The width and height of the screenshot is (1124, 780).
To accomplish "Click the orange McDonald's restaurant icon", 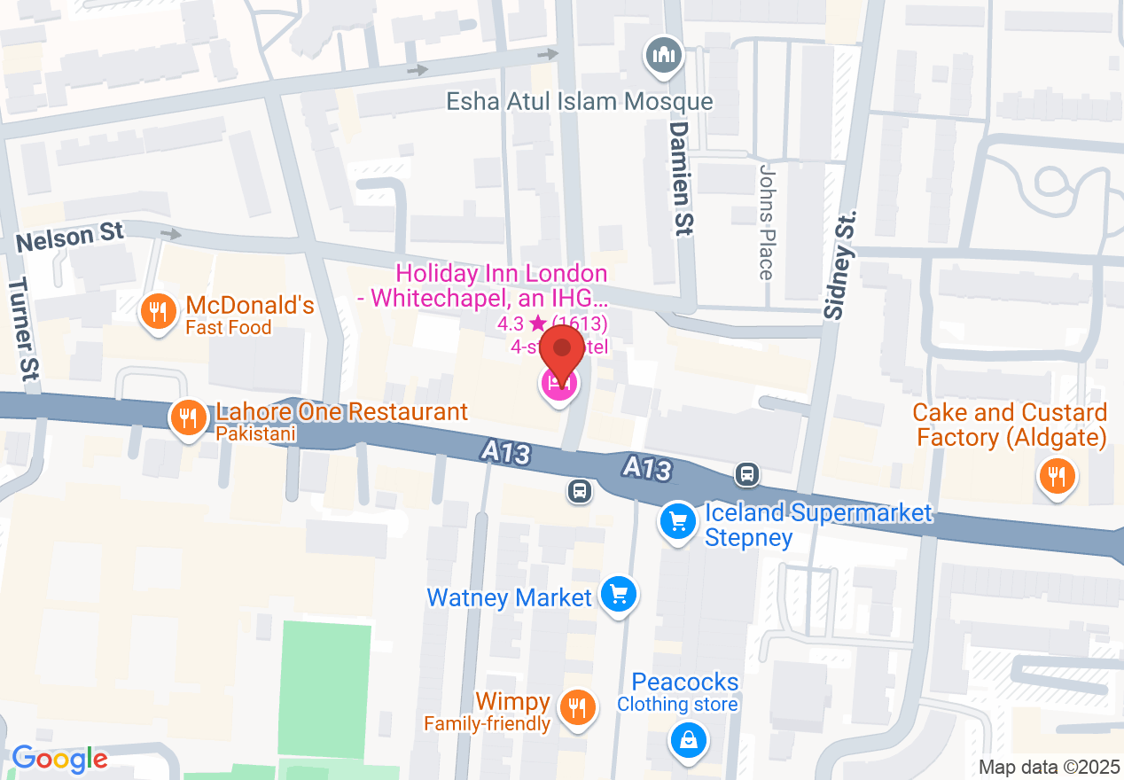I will click(x=158, y=312).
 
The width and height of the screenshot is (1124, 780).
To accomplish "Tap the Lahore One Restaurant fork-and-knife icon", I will click(x=186, y=417).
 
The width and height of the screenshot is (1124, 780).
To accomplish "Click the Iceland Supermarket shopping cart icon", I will click(x=678, y=521).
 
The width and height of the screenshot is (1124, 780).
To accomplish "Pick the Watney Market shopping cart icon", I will click(x=618, y=594).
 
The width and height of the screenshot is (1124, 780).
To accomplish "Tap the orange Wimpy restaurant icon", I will click(x=577, y=706).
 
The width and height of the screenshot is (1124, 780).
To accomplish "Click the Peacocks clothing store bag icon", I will click(x=688, y=737).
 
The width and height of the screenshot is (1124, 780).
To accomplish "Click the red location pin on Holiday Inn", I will click(x=562, y=353).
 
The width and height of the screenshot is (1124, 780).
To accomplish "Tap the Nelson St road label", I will click(x=69, y=237).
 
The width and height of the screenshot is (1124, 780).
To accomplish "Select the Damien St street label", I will click(x=680, y=178).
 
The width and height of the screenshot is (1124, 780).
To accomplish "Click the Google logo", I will click(x=59, y=759).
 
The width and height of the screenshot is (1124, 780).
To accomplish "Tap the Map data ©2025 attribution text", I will click(x=1048, y=767).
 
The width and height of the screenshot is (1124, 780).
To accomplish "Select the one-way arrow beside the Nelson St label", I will click(x=171, y=234).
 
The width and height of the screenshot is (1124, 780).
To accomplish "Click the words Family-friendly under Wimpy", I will click(x=487, y=724).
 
